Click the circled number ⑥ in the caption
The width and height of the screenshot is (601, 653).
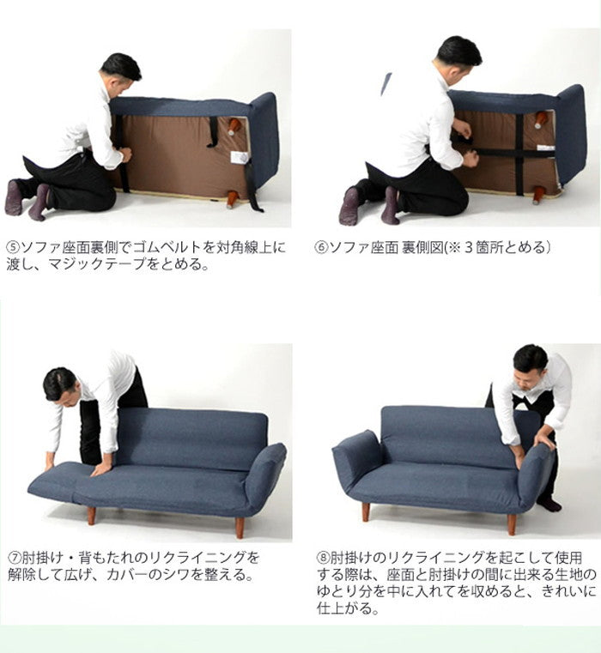tap(321, 249)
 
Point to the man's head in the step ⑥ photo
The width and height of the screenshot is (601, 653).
tap(458, 52)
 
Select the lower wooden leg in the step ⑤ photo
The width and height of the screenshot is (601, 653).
tap(232, 200)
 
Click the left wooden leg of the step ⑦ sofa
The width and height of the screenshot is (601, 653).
tap(90, 515)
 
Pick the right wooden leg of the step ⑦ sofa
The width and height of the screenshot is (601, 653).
tap(240, 526)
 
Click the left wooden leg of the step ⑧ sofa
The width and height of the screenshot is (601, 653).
tap(366, 511)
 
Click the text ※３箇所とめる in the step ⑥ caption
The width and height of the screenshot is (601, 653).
tap(493, 249)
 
